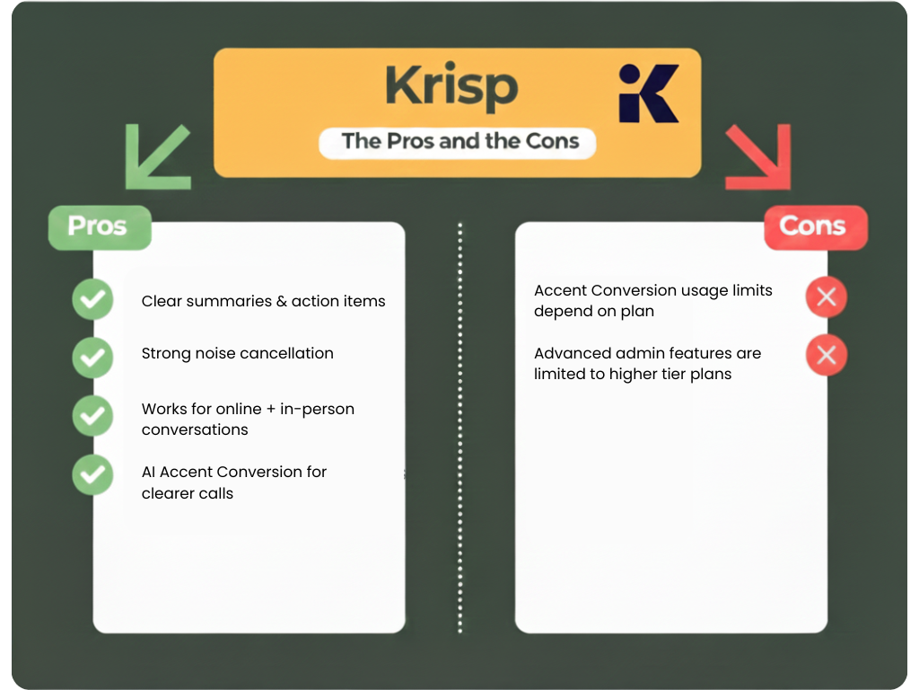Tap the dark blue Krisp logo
click(648, 93)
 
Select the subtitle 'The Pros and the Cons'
click(459, 141)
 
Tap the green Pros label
click(99, 226)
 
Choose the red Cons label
click(814, 226)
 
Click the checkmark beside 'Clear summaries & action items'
click(92, 300)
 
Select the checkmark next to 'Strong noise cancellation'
click(92, 358)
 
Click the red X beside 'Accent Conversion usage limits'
click(827, 297)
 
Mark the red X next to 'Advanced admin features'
click(827, 355)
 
